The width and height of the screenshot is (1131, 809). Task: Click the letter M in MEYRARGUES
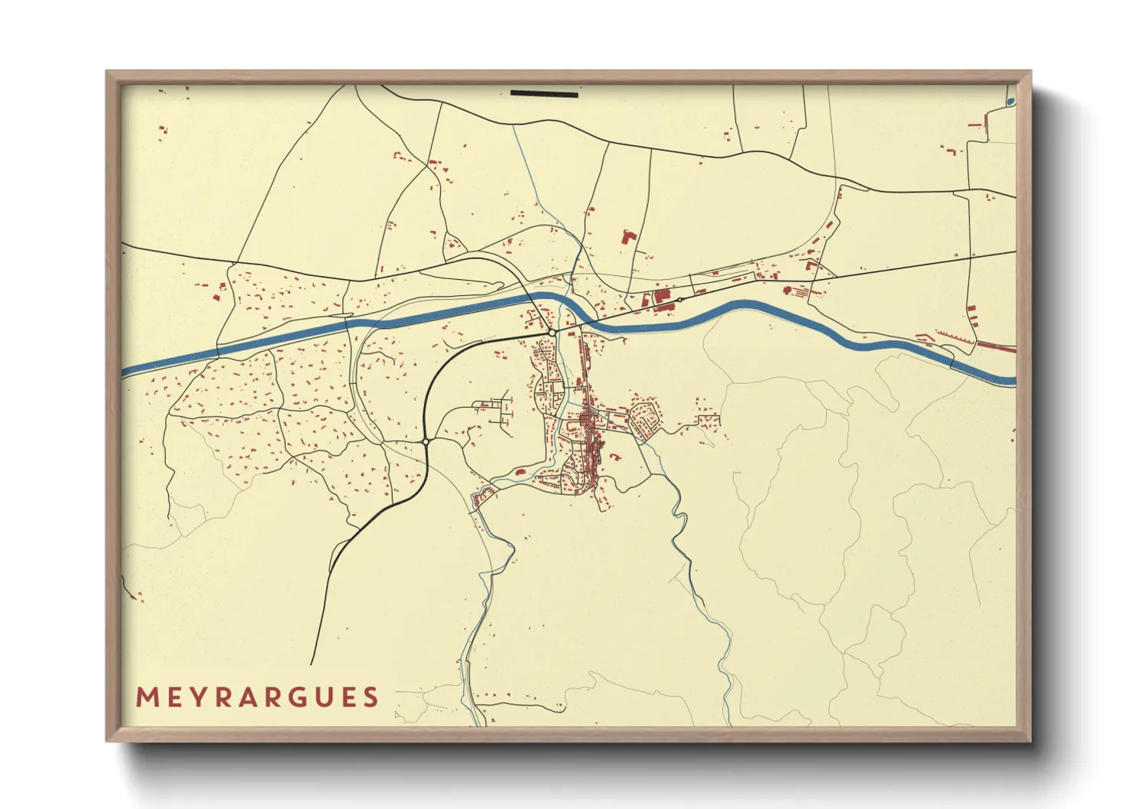click(147, 697)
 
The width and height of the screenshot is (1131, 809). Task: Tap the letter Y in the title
click(193, 697)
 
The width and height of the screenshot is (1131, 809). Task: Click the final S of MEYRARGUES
click(371, 697)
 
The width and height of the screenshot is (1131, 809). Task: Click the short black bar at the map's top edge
click(544, 94)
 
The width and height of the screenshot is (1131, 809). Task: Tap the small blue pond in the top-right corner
click(1011, 101)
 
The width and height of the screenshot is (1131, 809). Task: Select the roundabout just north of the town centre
click(552, 333)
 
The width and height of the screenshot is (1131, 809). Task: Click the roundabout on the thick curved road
click(426, 441)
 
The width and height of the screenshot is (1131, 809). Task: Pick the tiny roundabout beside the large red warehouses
click(679, 300)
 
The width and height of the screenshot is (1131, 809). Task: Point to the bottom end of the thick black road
click(313, 663)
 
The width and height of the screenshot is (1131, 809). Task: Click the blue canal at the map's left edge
click(126, 372)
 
